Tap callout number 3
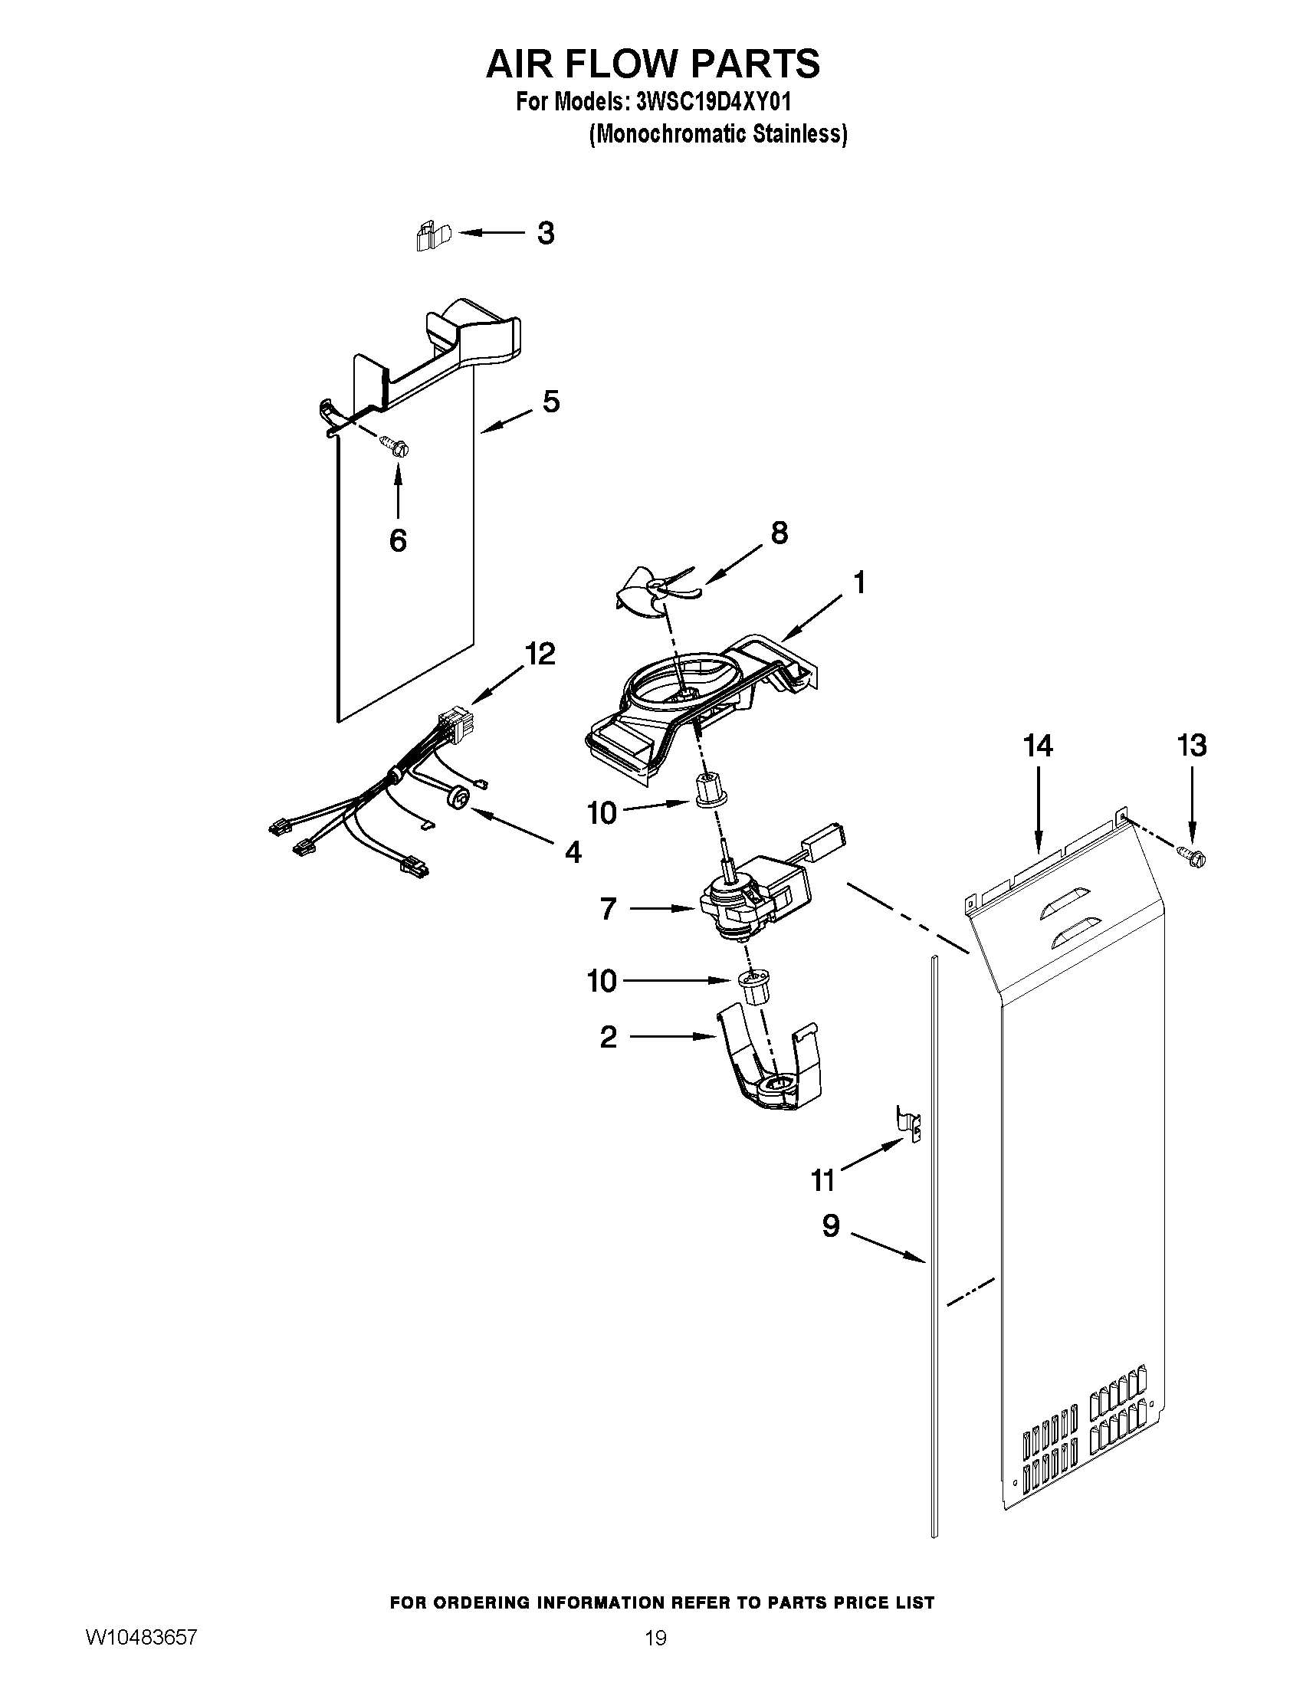(x=546, y=233)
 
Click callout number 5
(x=551, y=402)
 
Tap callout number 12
(x=540, y=654)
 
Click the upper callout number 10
(x=602, y=813)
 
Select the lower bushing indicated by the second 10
(x=755, y=987)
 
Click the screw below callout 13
(x=1193, y=856)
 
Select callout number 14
(x=1038, y=746)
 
